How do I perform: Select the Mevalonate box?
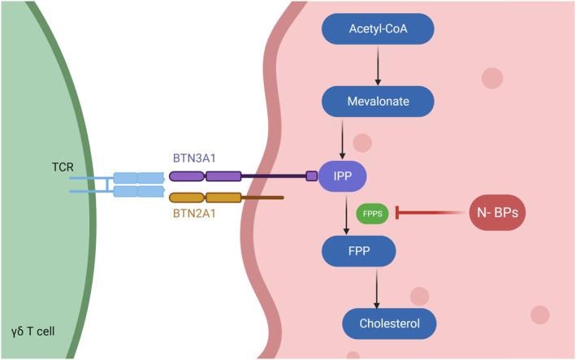(378, 102)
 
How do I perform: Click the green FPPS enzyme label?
(372, 213)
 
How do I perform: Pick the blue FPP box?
(359, 251)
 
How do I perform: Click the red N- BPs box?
(497, 213)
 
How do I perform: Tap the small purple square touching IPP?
(311, 176)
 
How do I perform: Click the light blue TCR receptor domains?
(138, 184)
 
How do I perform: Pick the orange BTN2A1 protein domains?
(205, 197)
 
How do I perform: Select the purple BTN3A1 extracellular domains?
(205, 176)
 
